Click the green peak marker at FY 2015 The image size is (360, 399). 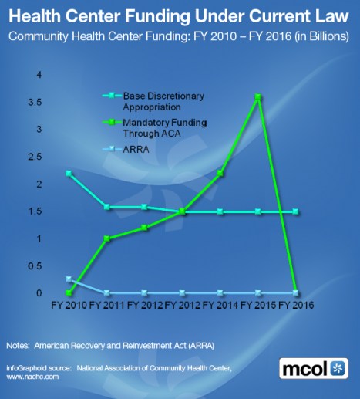point(258,97)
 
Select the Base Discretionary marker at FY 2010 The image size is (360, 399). point(69,173)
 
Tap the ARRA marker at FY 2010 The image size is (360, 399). point(69,279)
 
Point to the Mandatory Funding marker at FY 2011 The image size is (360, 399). point(106,238)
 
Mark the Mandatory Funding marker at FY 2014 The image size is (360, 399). point(220,173)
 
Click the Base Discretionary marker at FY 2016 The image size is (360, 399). point(295,211)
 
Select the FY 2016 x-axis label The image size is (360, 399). point(296,305)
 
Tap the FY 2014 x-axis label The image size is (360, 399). point(220,305)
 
